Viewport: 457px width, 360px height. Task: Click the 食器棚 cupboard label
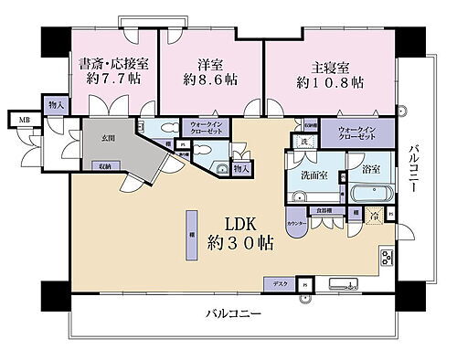(324, 212)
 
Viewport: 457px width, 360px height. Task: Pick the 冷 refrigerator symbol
(374, 216)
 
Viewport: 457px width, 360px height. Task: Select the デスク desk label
(280, 282)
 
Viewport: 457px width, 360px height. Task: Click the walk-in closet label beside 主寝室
(350, 133)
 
